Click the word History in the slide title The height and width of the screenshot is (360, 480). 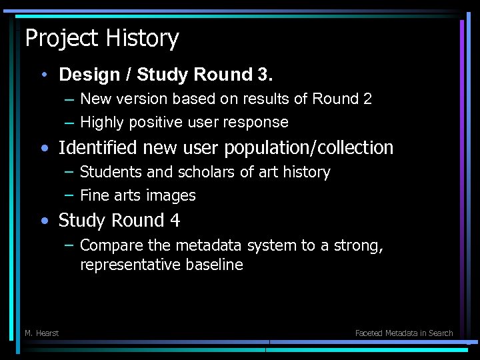point(145,39)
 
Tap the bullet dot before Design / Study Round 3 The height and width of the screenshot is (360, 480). point(43,74)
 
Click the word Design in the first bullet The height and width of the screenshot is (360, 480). point(85,74)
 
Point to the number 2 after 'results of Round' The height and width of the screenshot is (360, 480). point(367,99)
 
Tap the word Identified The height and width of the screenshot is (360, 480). point(97,147)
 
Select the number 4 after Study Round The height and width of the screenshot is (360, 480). point(175,220)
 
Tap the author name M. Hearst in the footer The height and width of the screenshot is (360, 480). point(41,333)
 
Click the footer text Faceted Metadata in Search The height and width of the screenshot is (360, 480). point(403,333)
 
